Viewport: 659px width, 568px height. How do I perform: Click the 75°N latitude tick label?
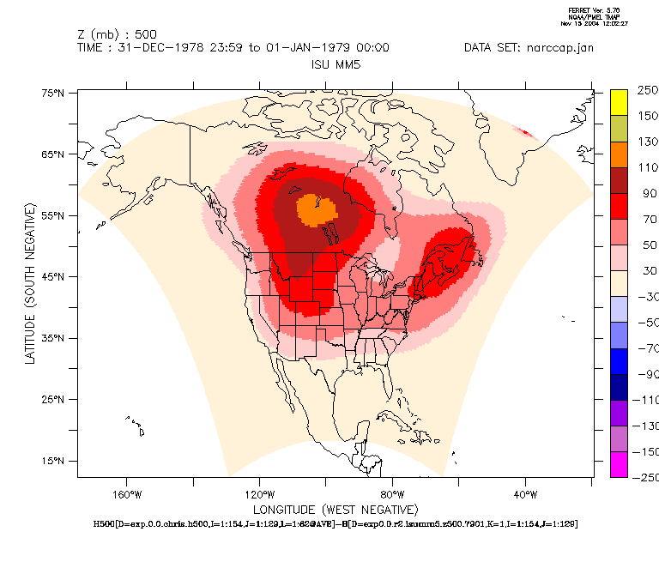point(54,93)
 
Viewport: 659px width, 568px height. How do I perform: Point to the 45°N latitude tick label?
point(54,277)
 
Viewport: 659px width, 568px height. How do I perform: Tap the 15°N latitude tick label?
point(54,461)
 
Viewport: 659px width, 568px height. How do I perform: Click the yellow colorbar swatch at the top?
point(619,102)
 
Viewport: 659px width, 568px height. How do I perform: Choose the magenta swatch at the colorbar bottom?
point(619,464)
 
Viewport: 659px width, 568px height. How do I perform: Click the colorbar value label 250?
point(647,90)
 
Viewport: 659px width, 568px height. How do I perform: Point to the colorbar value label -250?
point(645,477)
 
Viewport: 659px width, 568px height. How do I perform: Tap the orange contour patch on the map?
point(314,208)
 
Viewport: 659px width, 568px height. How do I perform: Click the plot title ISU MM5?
point(335,64)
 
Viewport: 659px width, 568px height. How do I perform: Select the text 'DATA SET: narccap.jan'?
point(529,47)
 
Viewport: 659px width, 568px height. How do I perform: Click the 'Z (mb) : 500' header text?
point(117,34)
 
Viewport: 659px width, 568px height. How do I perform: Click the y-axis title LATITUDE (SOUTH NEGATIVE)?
point(31,283)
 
